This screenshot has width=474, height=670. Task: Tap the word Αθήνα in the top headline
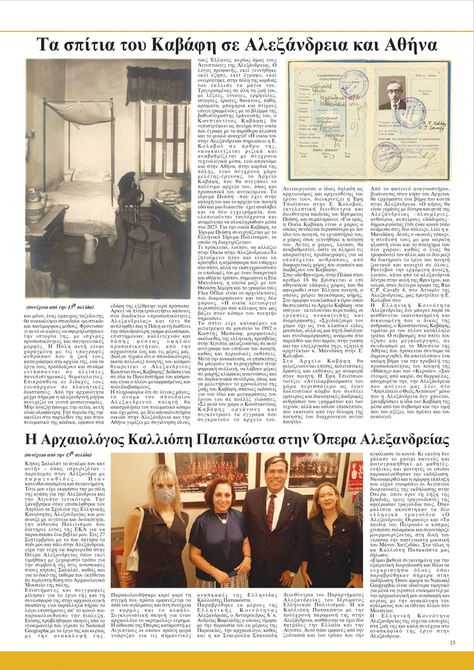pos(405,46)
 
